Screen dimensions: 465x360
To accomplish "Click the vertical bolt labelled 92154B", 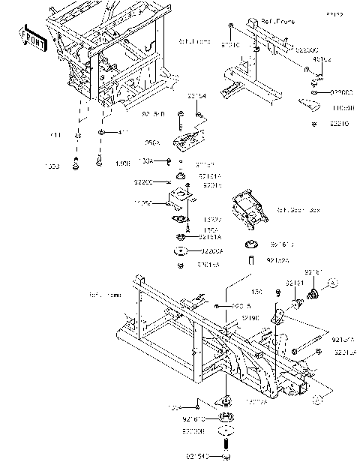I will (181, 118).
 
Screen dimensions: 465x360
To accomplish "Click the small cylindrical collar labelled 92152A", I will (253, 259).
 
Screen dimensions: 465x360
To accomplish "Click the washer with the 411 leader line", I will (100, 133).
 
